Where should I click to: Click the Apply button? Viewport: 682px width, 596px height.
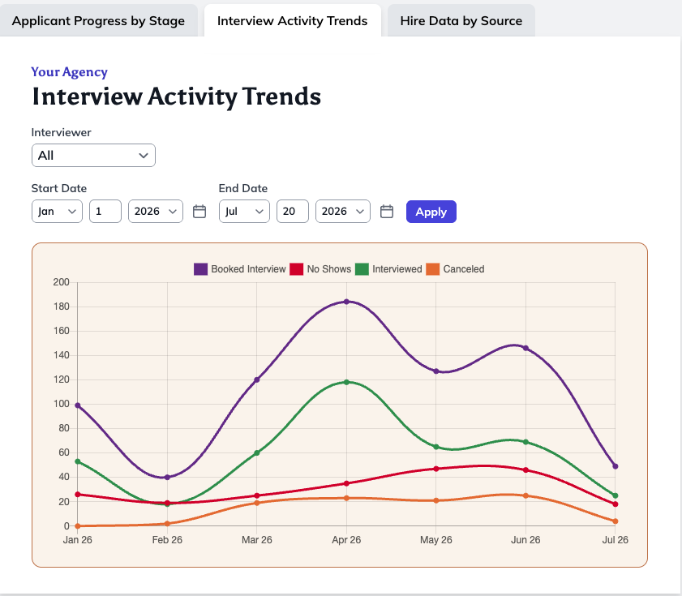click(x=431, y=212)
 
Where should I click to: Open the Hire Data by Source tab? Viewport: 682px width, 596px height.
click(x=461, y=21)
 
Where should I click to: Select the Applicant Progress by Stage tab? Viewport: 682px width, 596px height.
click(x=98, y=21)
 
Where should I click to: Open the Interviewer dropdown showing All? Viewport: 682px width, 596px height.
click(x=93, y=156)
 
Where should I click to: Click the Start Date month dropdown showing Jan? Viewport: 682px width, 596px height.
click(x=57, y=212)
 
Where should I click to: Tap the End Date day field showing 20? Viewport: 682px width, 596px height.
click(x=292, y=212)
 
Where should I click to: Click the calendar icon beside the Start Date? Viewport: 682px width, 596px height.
click(x=199, y=212)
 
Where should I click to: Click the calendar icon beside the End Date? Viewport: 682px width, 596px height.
click(x=387, y=212)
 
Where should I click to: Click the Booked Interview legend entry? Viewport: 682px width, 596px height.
click(x=240, y=269)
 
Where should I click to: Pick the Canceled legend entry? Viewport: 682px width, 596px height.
click(x=455, y=269)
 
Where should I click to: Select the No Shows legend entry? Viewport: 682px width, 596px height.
click(x=320, y=269)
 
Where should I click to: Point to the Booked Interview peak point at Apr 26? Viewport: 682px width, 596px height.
click(x=346, y=302)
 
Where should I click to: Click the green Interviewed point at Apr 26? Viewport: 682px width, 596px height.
click(x=346, y=383)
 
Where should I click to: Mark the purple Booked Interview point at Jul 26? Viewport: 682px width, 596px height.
click(x=615, y=466)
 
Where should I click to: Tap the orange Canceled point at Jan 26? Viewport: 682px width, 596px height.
click(x=78, y=526)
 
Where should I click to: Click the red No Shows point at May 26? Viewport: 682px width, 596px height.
click(x=436, y=469)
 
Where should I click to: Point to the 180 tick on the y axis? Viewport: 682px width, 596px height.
click(x=62, y=307)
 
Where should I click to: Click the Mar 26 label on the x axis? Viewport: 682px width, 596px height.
click(x=256, y=540)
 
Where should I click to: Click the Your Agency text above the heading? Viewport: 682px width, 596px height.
click(x=69, y=72)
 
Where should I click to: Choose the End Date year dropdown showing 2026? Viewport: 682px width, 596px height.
click(x=343, y=212)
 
